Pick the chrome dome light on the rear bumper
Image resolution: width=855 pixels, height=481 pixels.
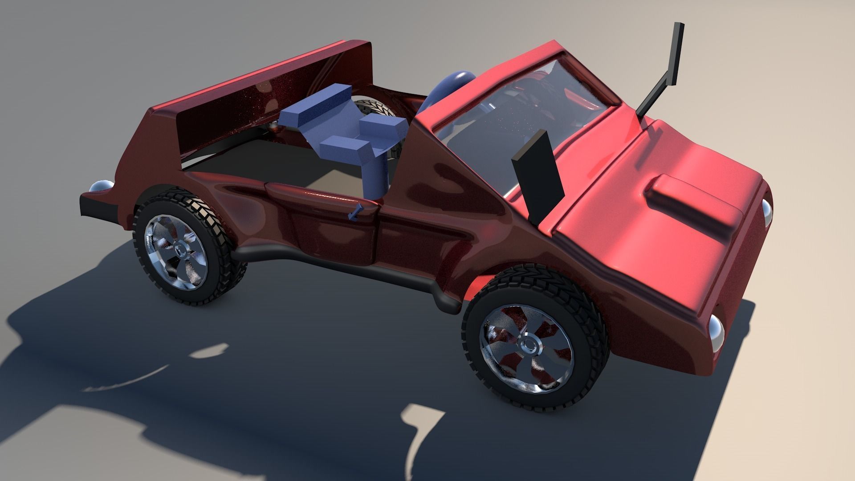point(101,188)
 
